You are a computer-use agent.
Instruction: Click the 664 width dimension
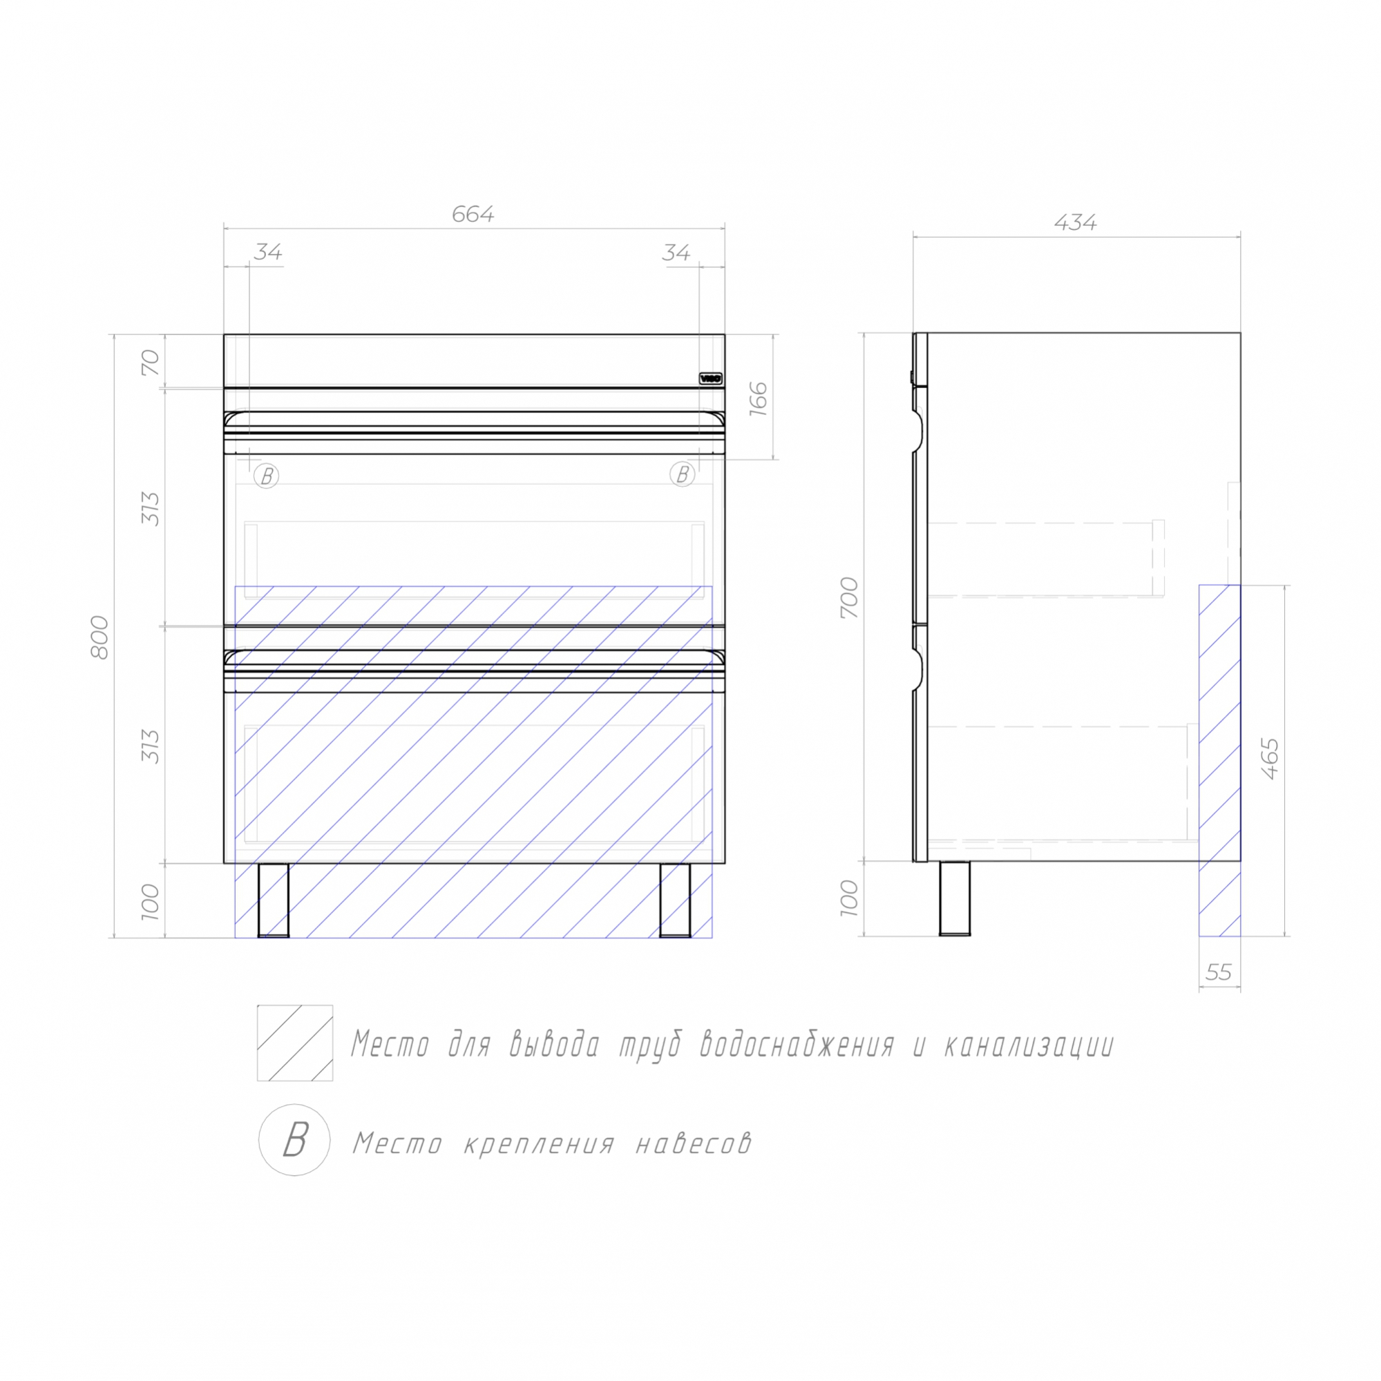[x=473, y=215]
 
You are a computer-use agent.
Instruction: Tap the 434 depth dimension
[x=1075, y=223]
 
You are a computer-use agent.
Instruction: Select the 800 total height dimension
[x=100, y=637]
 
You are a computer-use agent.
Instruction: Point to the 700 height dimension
[x=849, y=597]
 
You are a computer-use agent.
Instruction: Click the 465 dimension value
[x=1270, y=758]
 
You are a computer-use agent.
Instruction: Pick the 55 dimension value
[x=1219, y=972]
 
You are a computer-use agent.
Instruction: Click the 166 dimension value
[x=758, y=400]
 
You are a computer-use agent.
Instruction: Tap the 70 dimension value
[x=150, y=363]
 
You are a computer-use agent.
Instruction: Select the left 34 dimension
[x=268, y=252]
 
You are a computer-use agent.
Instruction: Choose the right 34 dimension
[x=676, y=252]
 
